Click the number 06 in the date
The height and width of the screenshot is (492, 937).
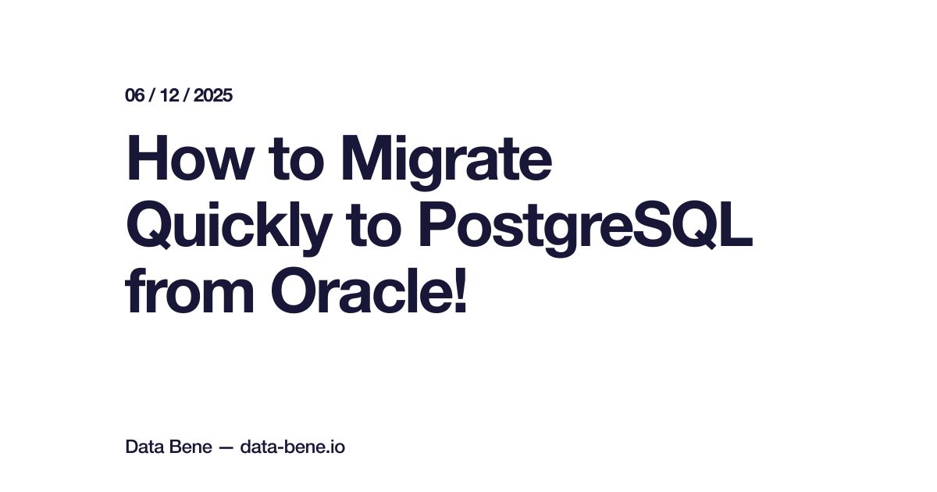134,96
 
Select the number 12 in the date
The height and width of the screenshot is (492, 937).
173,96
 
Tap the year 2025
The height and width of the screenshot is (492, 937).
213,96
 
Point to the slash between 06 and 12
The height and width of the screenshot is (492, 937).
154,96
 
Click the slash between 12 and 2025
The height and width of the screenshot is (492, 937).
188,96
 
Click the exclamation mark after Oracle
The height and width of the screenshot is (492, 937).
460,291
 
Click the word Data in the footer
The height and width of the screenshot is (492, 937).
143,447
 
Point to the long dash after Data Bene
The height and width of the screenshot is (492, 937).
225,448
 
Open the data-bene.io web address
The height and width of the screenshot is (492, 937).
293,447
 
